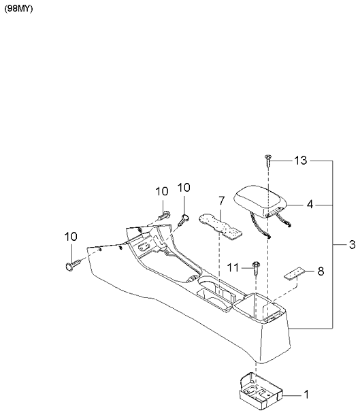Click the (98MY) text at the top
point(18,9)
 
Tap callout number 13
point(301,161)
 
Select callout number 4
point(310,204)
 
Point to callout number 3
point(352,244)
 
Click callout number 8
point(321,271)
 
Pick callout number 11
point(233,267)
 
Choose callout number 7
point(222,201)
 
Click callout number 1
point(306,395)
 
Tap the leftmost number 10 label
point(71,237)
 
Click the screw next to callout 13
point(268,161)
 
